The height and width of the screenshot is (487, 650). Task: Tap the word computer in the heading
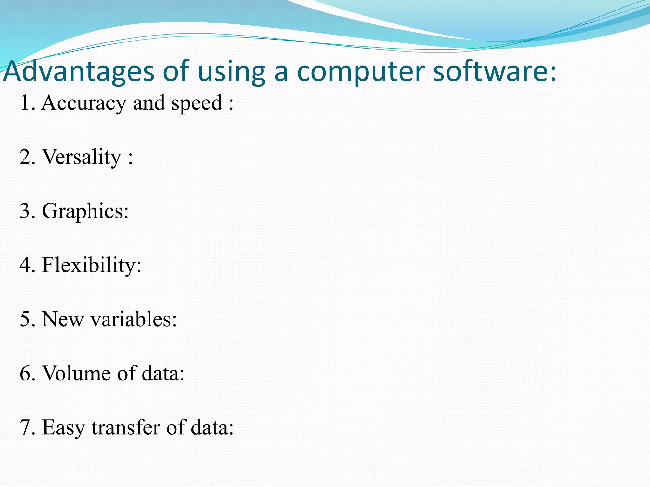click(361, 72)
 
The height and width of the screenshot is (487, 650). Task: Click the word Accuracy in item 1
click(84, 103)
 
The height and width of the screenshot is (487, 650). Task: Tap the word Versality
click(82, 157)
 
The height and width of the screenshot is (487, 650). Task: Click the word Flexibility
click(91, 265)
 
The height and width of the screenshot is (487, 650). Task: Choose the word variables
click(134, 319)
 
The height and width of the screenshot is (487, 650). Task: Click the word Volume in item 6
click(76, 373)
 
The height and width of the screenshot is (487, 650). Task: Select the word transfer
click(126, 427)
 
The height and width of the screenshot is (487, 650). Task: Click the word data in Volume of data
click(163, 373)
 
